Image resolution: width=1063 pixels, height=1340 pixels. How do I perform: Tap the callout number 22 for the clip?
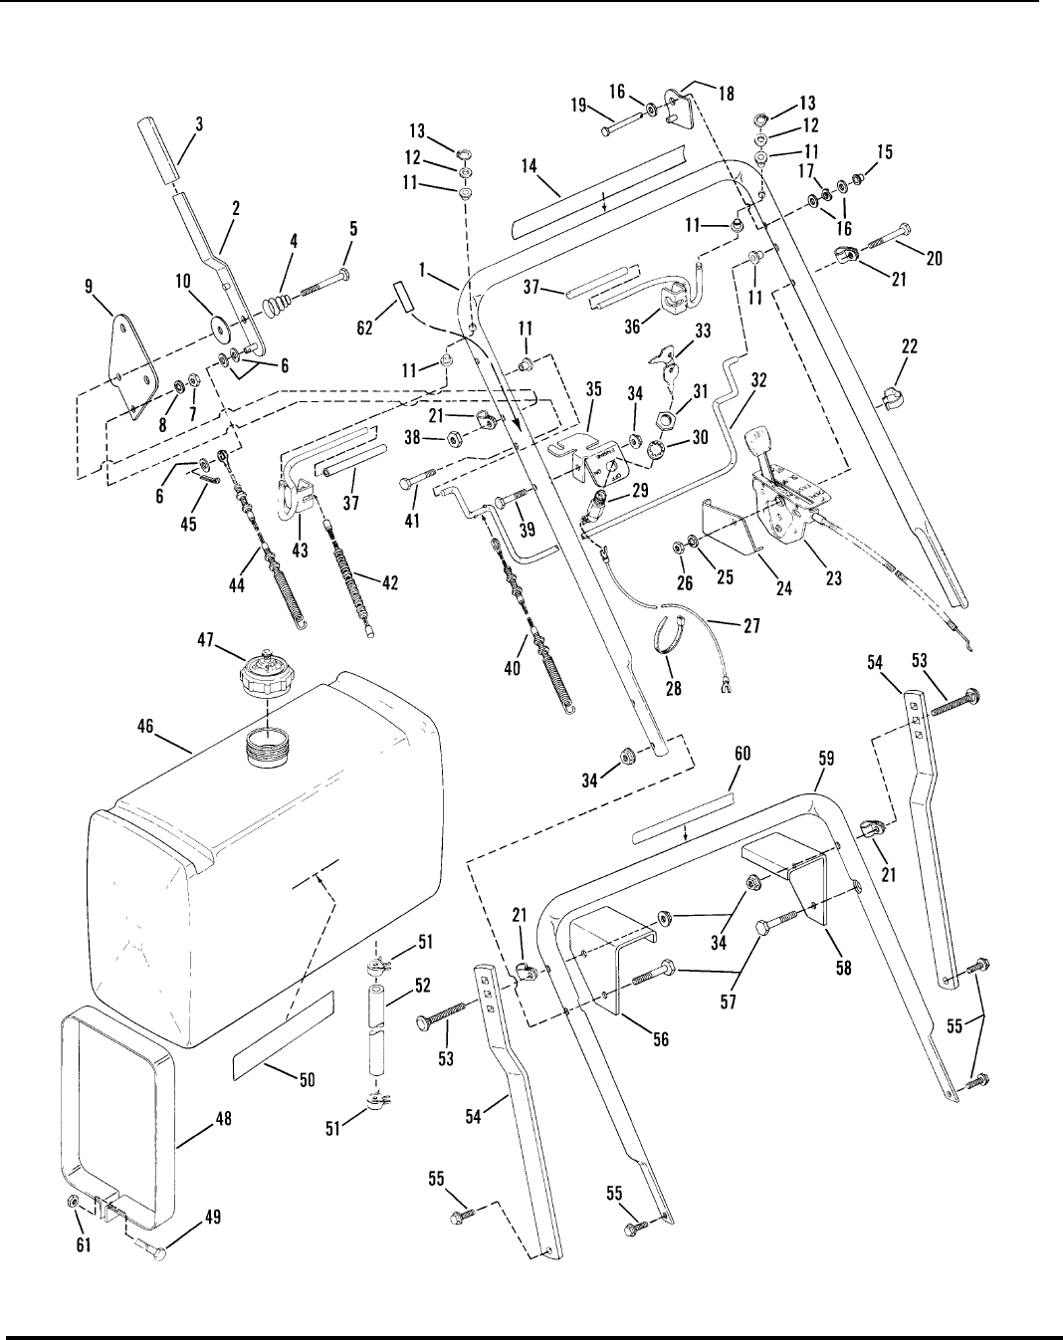908,347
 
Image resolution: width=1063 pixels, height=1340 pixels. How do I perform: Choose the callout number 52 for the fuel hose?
422,986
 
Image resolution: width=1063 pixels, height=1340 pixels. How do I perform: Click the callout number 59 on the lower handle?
826,759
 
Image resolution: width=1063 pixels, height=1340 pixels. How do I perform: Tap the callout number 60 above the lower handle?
742,757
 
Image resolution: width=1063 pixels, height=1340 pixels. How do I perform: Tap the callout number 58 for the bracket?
843,966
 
